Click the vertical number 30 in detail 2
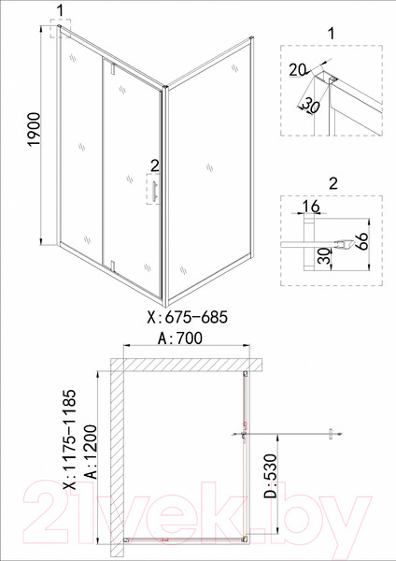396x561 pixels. click(322, 258)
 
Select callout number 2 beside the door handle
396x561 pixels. click(154, 167)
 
